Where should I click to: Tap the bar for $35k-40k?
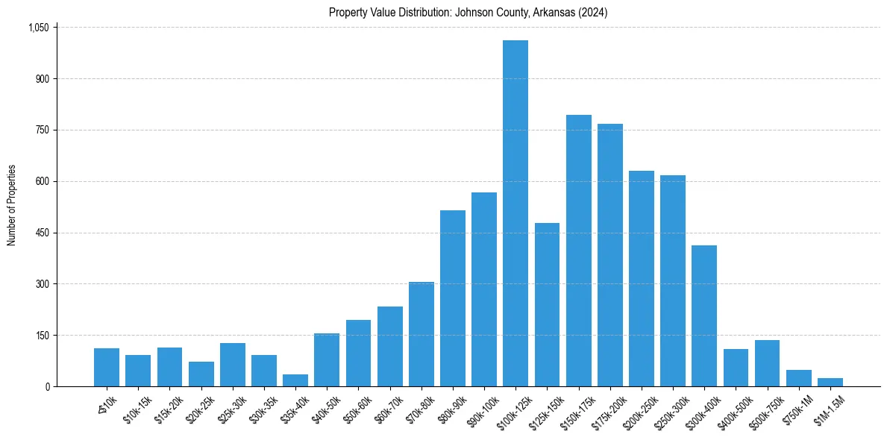point(295,380)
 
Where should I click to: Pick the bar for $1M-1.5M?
point(830,382)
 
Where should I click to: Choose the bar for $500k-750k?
point(767,363)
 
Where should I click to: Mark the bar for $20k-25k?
point(201,374)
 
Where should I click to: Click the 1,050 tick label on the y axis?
point(38,28)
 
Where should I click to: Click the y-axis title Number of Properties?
point(11,205)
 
